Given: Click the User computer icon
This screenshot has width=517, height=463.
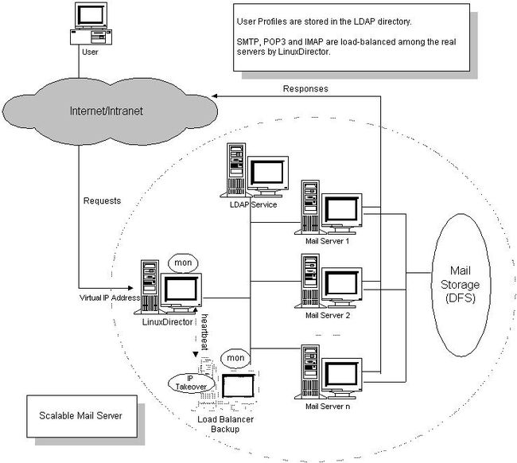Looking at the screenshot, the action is (x=91, y=24).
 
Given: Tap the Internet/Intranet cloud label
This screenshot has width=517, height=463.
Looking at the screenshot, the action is (x=106, y=111).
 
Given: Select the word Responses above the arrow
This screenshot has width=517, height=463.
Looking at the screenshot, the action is (x=305, y=89).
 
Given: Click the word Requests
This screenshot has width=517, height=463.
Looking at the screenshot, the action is (x=103, y=200).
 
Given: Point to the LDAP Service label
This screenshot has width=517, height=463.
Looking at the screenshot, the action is (x=253, y=204).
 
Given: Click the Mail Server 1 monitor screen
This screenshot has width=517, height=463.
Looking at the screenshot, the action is (x=341, y=210).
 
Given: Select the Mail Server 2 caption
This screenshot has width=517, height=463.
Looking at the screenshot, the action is (x=328, y=315).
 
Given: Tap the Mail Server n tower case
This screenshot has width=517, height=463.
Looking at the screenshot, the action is (x=310, y=372).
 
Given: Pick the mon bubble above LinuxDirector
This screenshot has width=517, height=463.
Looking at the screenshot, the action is (x=183, y=263).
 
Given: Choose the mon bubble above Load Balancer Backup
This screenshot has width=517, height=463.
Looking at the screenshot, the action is (x=235, y=358).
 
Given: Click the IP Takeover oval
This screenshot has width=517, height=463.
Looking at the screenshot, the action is (x=192, y=383).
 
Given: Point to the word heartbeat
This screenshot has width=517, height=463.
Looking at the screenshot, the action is (x=204, y=332).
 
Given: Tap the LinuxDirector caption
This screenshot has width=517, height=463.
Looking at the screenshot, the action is (x=168, y=322).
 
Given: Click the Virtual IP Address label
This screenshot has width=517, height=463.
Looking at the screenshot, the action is (x=110, y=298).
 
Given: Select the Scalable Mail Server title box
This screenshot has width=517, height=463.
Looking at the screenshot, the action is (x=82, y=416).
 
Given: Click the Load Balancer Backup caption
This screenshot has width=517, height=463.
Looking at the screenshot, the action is (x=226, y=424).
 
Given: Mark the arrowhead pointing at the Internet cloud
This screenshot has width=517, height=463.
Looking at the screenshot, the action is (x=214, y=96).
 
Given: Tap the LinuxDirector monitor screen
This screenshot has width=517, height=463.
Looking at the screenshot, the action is (x=181, y=289).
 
